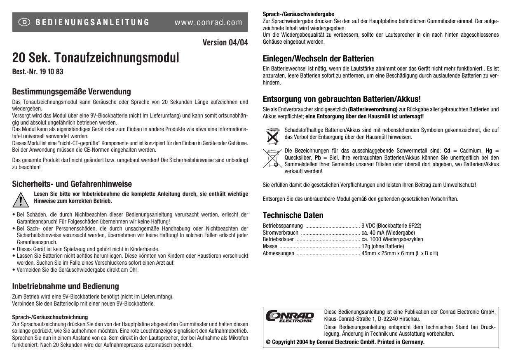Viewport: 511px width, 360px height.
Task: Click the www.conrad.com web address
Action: point(209,22)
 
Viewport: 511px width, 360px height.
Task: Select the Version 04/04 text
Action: point(225,42)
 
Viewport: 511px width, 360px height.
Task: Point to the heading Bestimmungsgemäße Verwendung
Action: point(71,91)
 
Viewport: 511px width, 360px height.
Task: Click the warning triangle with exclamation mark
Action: point(20,199)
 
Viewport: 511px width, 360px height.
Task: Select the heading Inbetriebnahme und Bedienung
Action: point(66,286)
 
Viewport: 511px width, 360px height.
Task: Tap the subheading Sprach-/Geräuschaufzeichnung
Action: point(50,317)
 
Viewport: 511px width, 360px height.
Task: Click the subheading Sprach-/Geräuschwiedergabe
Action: point(298,14)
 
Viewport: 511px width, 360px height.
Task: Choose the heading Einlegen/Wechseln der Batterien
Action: point(318,59)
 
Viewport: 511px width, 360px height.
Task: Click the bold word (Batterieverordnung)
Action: point(373,109)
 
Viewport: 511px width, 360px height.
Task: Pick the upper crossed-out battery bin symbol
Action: point(271,135)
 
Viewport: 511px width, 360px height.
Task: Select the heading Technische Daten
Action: point(293,215)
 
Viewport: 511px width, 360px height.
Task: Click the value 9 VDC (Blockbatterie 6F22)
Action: point(391,225)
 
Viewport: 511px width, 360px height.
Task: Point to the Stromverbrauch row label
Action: point(280,232)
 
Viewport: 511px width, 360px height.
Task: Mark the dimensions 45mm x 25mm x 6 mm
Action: point(388,253)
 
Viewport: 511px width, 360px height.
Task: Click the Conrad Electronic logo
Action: point(291,316)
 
